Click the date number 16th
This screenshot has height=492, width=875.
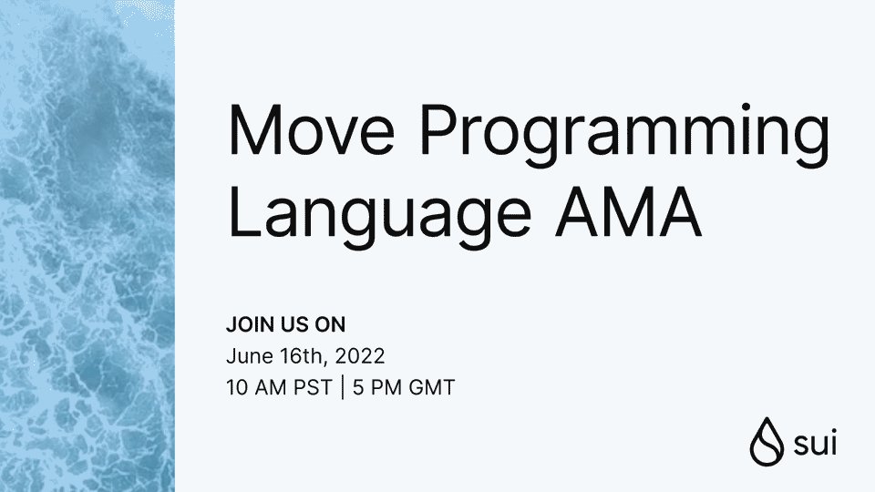point(296,355)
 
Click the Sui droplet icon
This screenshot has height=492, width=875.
point(763,442)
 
